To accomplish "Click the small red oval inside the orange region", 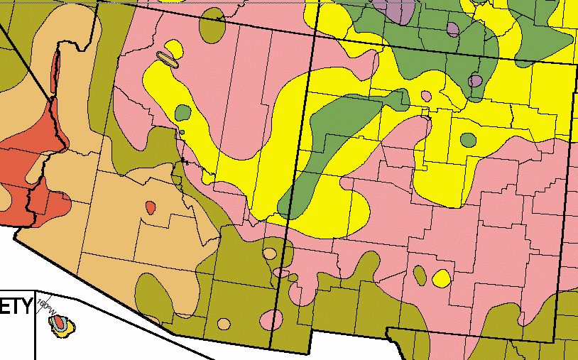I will coord(150,207).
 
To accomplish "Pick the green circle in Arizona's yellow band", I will coord(183,113).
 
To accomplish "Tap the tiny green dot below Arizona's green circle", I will coord(182,132).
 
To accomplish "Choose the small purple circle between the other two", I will coord(452,29).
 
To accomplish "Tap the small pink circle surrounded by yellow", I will coord(426,96).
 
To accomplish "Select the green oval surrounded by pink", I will coord(420,274).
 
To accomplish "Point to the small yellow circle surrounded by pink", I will coord(441,278).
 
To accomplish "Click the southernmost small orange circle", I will coord(224,324).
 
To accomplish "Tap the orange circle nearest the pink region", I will coord(269,253).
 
